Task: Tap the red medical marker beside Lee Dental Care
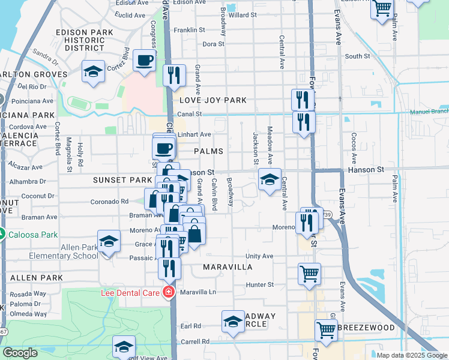click(169, 292)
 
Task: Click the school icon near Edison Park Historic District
click(92, 72)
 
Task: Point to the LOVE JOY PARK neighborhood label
click(205, 100)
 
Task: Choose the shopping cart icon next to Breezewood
click(326, 329)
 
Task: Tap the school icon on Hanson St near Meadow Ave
click(270, 179)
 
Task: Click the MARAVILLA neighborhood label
click(228, 266)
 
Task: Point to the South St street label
click(358, 56)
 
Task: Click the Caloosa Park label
click(30, 233)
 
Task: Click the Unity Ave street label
click(259, 256)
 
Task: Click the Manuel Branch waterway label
click(429, 112)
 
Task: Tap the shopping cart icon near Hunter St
click(309, 274)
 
